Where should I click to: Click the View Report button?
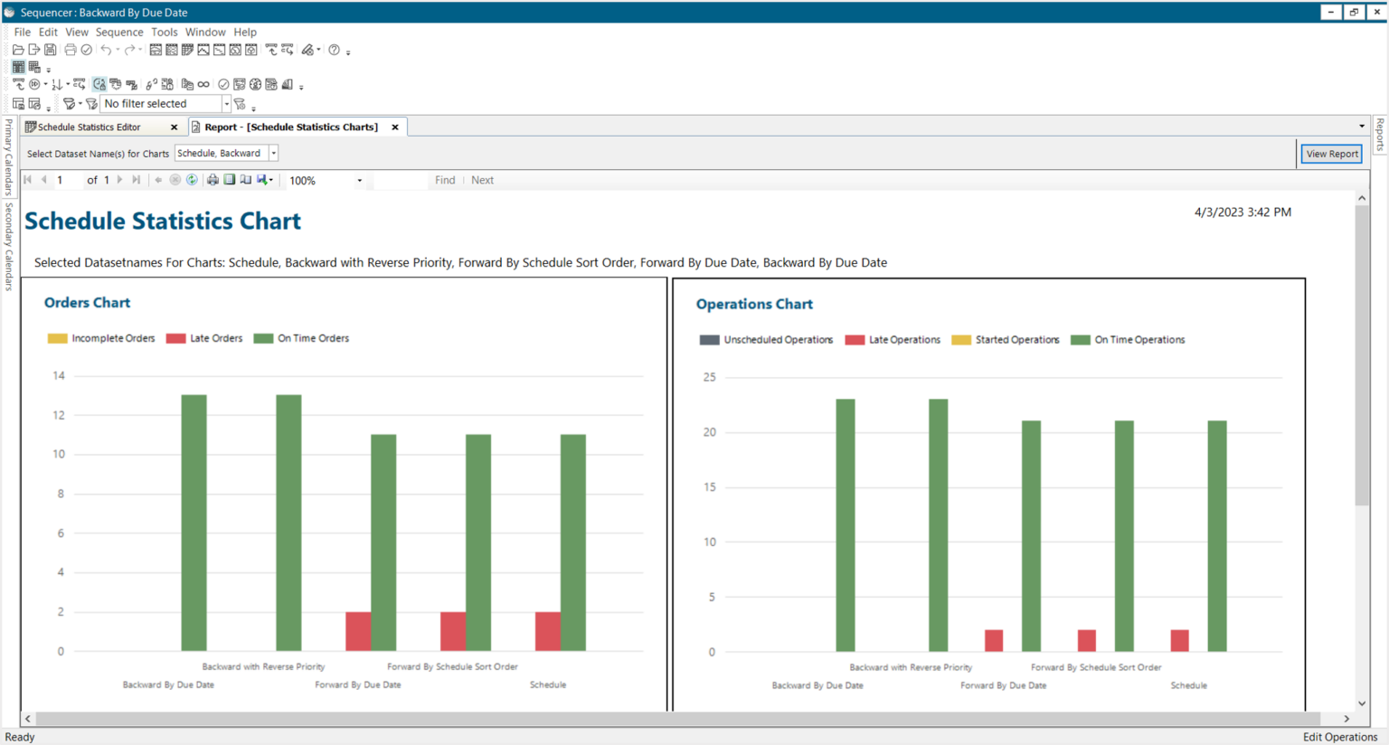click(x=1331, y=154)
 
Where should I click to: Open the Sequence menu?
click(x=119, y=32)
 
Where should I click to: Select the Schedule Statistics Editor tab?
click(x=90, y=127)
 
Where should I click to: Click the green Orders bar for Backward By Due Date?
click(x=194, y=523)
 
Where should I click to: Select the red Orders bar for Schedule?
click(x=547, y=631)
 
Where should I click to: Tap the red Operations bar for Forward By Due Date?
click(x=993, y=640)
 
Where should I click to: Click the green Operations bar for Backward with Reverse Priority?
click(x=938, y=524)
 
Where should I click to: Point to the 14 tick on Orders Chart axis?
click(x=59, y=375)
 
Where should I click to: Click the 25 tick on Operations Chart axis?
click(x=709, y=377)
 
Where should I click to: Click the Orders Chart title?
click(x=87, y=303)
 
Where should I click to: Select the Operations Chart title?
click(x=754, y=304)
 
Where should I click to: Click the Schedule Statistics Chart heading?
click(x=163, y=222)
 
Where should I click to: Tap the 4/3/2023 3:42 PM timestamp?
click(x=1243, y=212)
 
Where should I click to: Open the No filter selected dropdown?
click(x=226, y=104)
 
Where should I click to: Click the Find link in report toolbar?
click(x=445, y=180)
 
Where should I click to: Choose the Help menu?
click(x=245, y=32)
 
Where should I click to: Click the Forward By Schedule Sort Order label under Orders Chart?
click(x=452, y=666)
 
